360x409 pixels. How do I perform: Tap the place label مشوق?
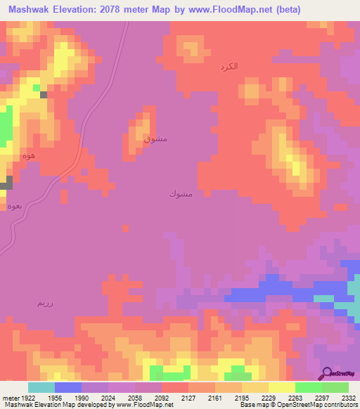click(155, 138)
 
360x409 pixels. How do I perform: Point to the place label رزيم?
click(44, 303)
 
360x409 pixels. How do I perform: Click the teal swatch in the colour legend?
click(41, 387)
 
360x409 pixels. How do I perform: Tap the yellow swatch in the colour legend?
click(281, 387)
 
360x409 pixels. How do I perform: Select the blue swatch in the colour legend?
click(67, 387)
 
